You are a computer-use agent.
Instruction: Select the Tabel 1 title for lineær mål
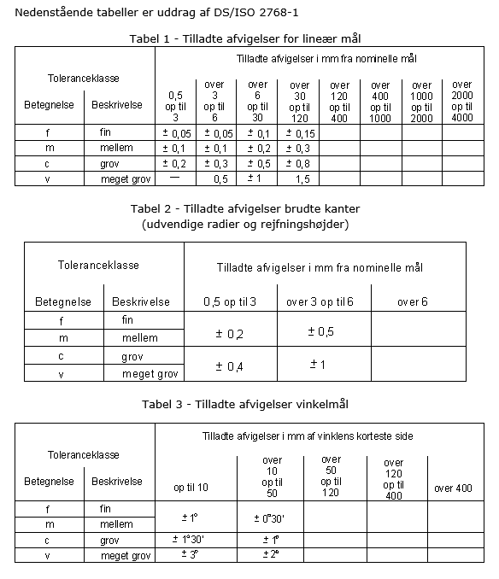250,38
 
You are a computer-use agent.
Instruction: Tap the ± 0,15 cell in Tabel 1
299,133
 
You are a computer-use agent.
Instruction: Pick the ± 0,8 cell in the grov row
299,163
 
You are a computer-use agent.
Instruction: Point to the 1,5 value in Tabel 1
300,178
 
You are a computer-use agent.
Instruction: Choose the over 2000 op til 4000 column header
461,102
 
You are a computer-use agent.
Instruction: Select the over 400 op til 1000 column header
380,102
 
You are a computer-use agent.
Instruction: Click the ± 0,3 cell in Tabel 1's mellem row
299,149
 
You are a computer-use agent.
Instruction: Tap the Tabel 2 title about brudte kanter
244,209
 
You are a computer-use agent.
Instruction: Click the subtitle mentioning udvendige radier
244,224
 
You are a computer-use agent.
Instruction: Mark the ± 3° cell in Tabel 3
190,554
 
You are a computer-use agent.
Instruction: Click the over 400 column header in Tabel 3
453,488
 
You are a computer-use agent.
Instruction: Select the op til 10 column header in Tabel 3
191,488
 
